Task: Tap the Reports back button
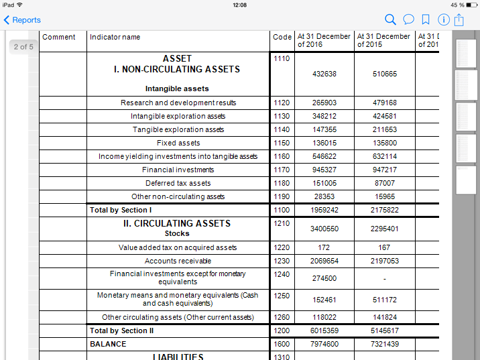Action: pos(22,20)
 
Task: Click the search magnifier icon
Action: pos(391,20)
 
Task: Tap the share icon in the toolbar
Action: pos(459,20)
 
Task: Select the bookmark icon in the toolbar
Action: pos(426,20)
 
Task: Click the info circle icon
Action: pos(443,20)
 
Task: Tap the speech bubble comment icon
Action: pos(408,20)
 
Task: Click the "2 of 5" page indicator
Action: pos(23,47)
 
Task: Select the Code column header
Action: pos(282,38)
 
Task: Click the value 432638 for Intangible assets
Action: pos(324,74)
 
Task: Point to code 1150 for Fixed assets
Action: pos(282,143)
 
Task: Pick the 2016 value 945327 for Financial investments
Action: pos(324,170)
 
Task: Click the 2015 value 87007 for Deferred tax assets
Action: pos(384,183)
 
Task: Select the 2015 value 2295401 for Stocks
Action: pos(384,229)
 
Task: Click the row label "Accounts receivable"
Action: pos(178,261)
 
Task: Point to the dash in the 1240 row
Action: pos(384,278)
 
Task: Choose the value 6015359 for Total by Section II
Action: pos(324,331)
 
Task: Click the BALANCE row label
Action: pos(108,344)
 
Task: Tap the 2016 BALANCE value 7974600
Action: pos(324,344)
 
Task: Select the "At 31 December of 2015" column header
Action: pos(384,40)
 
